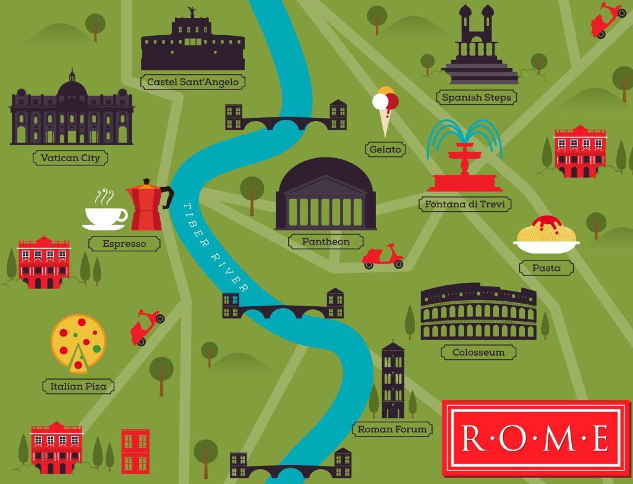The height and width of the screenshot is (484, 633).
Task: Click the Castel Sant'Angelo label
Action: (192, 81)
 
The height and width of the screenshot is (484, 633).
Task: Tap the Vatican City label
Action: (70, 158)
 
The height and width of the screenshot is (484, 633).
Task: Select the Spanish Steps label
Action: (475, 98)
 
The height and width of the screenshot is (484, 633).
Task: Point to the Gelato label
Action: (385, 149)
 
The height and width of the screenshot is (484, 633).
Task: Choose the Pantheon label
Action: (326, 241)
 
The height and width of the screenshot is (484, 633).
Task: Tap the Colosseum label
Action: (478, 353)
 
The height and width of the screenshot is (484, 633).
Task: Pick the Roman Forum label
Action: (392, 429)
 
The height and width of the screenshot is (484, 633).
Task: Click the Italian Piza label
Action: (79, 386)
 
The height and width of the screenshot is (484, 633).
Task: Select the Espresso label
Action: (124, 244)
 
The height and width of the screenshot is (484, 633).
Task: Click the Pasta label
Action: (546, 268)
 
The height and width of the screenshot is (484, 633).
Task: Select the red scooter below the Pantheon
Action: (383, 256)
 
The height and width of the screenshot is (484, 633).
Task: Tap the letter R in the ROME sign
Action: (472, 438)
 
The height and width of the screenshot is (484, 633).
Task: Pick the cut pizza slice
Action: (79, 358)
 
